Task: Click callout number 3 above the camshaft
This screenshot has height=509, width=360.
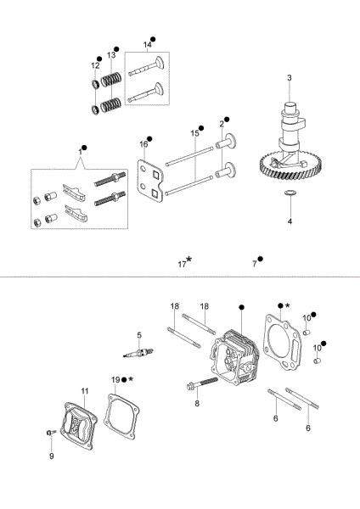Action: tap(290, 78)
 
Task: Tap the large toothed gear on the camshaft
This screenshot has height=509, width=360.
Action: tap(288, 171)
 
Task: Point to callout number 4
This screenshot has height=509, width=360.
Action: tap(290, 221)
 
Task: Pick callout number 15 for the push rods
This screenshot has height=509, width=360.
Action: tap(194, 133)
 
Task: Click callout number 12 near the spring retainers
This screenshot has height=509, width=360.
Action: tap(95, 65)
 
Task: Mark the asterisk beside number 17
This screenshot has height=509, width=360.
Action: tap(188, 260)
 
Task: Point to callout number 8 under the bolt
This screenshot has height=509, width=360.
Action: tap(197, 405)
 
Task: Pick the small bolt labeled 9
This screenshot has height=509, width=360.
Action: tap(52, 434)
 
